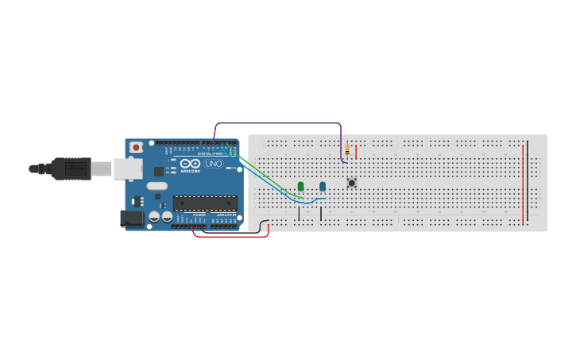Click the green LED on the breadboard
[x=300, y=187]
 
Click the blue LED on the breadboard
[x=323, y=187]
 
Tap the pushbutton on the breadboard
[x=351, y=183]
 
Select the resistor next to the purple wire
[x=347, y=150]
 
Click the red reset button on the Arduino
[x=136, y=147]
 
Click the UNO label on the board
[x=214, y=164]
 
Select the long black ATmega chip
[x=205, y=203]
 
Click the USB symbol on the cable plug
[x=77, y=168]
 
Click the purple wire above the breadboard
[x=278, y=123]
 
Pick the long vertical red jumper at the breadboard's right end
[x=523, y=184]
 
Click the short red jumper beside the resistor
[x=356, y=152]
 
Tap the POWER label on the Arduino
[x=199, y=215]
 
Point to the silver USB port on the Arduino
[x=127, y=168]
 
